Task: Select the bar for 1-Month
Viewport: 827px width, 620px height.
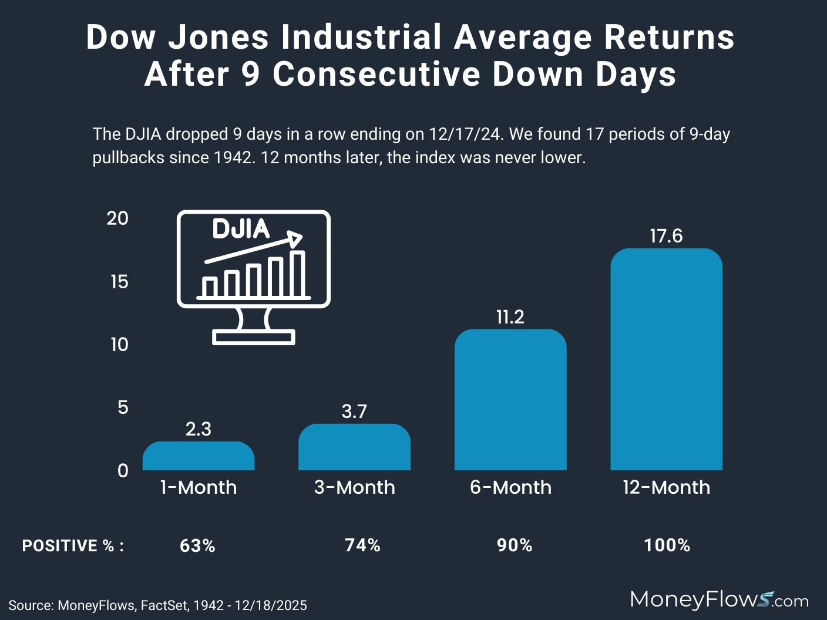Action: (199, 456)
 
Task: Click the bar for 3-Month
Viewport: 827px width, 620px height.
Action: (354, 447)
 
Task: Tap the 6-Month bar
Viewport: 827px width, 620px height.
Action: (510, 400)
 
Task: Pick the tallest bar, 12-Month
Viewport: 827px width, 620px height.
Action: (666, 359)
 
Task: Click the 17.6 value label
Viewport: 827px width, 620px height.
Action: (666, 236)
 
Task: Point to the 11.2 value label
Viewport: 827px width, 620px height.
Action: (510, 317)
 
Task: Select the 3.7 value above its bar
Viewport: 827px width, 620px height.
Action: (354, 412)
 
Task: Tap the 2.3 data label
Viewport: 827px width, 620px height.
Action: (199, 429)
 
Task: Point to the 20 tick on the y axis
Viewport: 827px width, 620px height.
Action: (117, 218)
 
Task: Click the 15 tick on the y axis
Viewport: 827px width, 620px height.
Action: (119, 282)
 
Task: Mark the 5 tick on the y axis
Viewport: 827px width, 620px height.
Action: (122, 407)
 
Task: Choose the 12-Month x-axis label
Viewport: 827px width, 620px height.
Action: (666, 487)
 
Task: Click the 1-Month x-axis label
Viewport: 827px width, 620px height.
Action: (199, 487)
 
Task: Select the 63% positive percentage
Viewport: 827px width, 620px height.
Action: (197, 545)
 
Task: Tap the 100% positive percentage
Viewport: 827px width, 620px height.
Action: (667, 545)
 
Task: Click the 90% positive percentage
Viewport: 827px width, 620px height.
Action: (515, 545)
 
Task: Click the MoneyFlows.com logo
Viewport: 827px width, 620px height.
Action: (719, 599)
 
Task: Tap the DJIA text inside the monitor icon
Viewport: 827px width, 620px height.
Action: (240, 229)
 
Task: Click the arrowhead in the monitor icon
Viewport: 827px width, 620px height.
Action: (295, 238)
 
